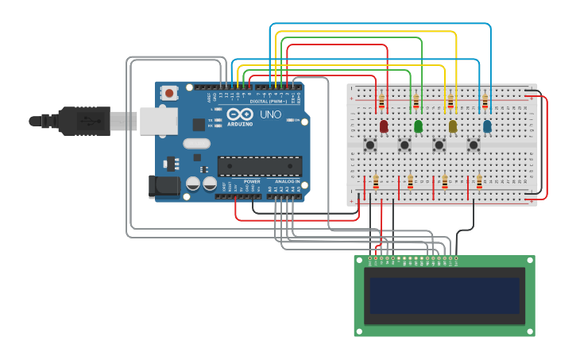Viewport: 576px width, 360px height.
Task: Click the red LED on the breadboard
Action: pyautogui.click(x=384, y=126)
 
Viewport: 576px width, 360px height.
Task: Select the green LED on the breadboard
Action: pyautogui.click(x=418, y=126)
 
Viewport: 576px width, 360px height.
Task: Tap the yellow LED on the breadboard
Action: pyautogui.click(x=453, y=126)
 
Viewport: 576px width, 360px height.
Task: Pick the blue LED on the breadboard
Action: pyautogui.click(x=487, y=126)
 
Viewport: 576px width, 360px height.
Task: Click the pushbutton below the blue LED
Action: pyautogui.click(x=474, y=145)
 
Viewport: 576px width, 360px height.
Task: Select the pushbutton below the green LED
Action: pyautogui.click(x=404, y=145)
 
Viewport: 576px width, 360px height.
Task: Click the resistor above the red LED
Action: pyautogui.click(x=381, y=102)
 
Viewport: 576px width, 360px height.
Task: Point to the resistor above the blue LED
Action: pyautogui.click(x=485, y=102)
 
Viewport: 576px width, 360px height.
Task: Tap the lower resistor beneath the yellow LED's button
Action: pyautogui.click(x=445, y=183)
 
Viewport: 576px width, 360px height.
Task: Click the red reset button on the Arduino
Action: pyautogui.click(x=169, y=93)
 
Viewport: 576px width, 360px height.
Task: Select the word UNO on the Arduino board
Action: pyautogui.click(x=270, y=114)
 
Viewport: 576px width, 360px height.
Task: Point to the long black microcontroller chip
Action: pyautogui.click(x=260, y=166)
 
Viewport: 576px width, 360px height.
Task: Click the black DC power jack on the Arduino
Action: pyautogui.click(x=164, y=187)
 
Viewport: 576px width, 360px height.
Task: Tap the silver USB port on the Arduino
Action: pyautogui.click(x=158, y=121)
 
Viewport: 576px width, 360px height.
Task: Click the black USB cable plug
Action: pyautogui.click(x=83, y=121)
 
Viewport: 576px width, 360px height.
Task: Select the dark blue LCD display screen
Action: pyautogui.click(x=444, y=296)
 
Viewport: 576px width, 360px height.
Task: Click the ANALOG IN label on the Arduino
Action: pyautogui.click(x=287, y=182)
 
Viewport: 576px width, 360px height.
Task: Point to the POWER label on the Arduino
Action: pyautogui.click(x=252, y=182)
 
